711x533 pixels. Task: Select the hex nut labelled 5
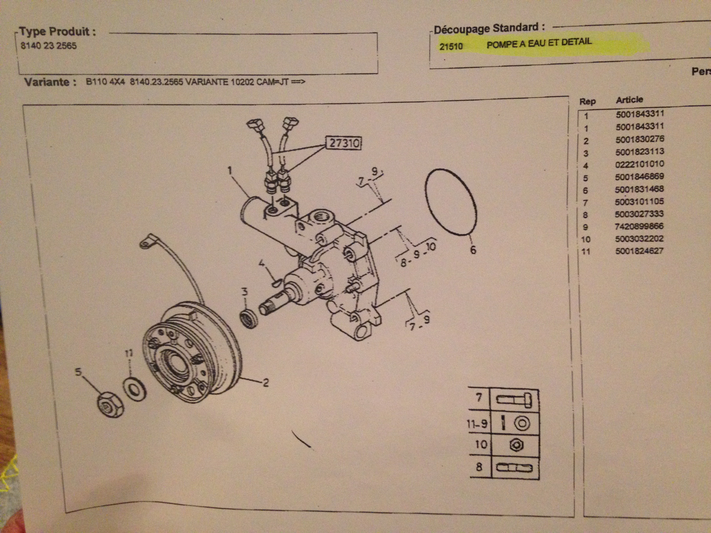110,407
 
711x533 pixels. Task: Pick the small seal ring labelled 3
249,318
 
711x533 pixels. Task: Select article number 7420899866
639,226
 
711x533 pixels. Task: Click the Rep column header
587,101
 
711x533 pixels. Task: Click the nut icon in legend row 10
516,445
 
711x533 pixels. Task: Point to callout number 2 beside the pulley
266,383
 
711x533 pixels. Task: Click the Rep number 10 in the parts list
586,239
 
